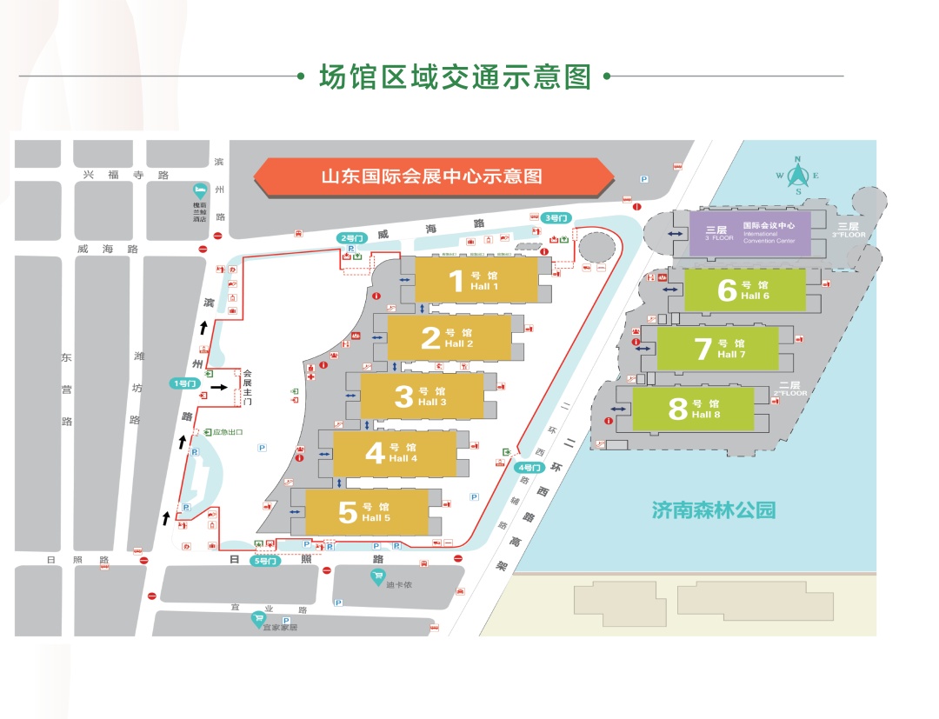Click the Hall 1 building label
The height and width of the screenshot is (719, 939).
tap(475, 281)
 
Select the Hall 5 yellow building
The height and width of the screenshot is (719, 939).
tap(366, 512)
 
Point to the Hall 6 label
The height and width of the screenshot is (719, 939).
tap(743, 290)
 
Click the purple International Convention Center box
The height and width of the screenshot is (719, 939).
tap(749, 232)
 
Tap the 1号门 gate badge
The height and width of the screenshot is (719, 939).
tap(186, 383)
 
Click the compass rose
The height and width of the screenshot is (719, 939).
tap(798, 173)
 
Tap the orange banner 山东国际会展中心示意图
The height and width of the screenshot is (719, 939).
tap(433, 176)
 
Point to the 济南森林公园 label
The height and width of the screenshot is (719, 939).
tap(713, 509)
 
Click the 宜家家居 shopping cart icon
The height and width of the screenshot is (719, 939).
tap(258, 618)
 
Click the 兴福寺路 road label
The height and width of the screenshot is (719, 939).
tap(125, 174)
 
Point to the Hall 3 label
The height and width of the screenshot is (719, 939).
tap(421, 396)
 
